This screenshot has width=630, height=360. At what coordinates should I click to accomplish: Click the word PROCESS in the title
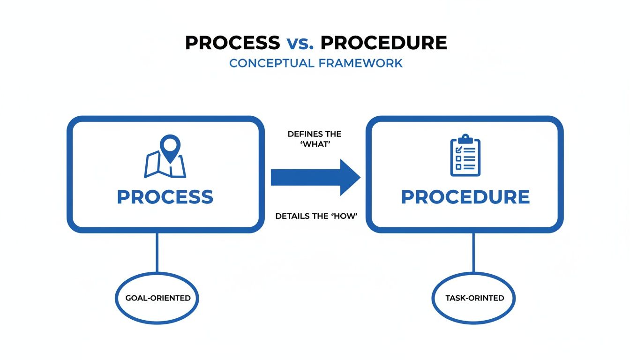point(232,43)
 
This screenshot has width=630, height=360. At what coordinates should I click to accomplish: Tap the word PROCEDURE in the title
point(383,43)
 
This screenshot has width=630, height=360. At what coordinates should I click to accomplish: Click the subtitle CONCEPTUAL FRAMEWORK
point(315,63)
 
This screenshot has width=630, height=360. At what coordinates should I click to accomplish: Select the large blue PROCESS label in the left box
point(165,197)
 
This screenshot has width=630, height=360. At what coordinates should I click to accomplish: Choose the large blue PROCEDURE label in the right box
point(465,197)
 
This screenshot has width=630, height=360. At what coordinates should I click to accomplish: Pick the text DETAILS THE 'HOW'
point(316,216)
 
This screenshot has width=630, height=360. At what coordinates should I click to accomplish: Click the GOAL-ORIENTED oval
point(157,298)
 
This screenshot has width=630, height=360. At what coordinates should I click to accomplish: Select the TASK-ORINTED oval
point(473,298)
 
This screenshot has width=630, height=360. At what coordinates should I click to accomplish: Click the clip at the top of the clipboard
point(465,139)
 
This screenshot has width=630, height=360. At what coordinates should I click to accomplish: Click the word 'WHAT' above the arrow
point(315,144)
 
